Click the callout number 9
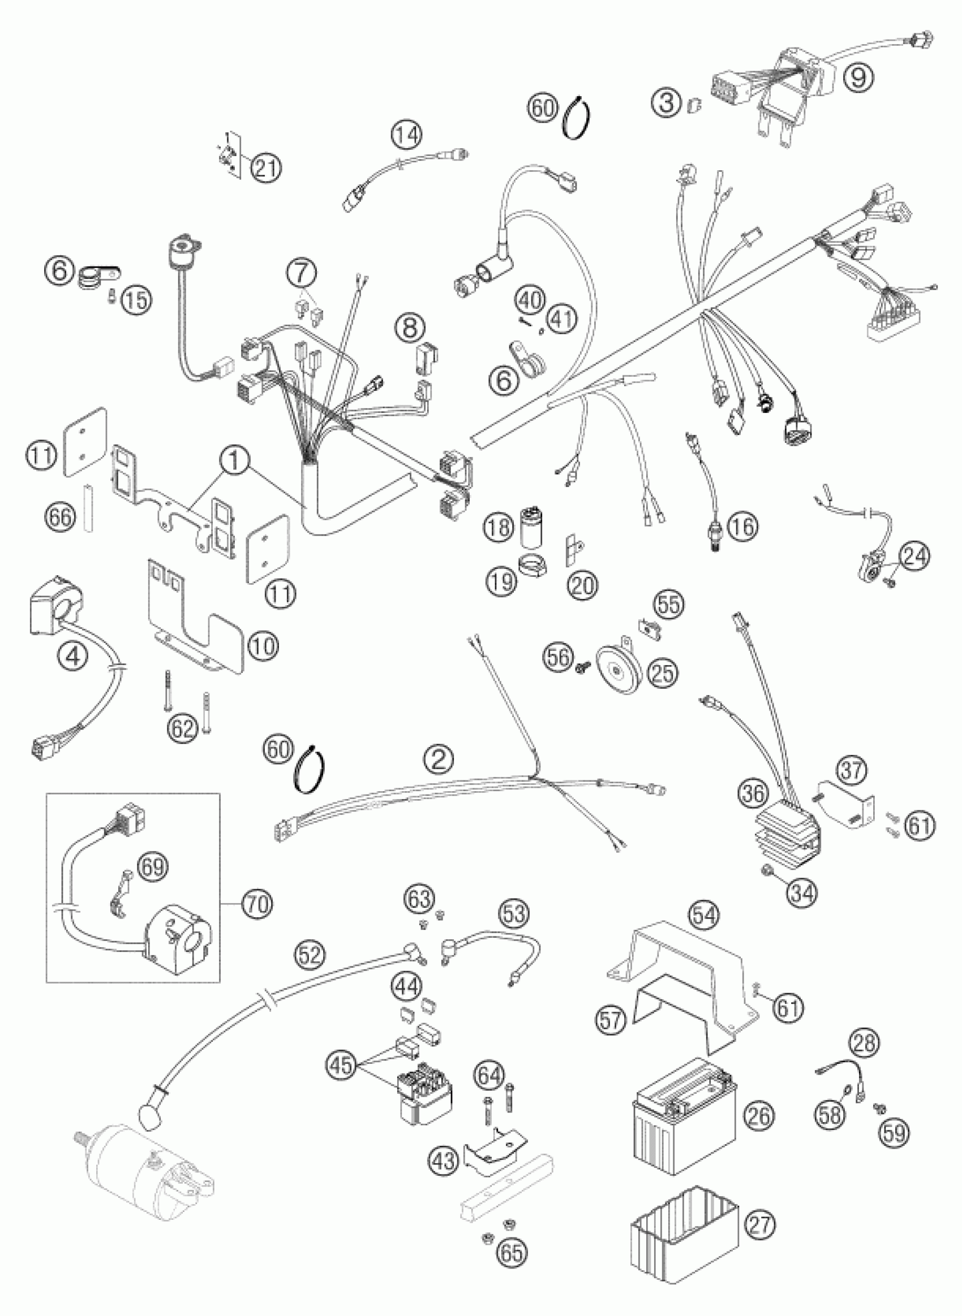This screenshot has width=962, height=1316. coord(858,76)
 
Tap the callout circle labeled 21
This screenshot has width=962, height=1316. coord(265,167)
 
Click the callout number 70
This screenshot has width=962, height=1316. coord(258,904)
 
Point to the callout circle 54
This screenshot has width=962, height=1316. coord(703,915)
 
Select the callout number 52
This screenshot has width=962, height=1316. coord(310,955)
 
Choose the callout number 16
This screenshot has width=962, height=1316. coord(742,526)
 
